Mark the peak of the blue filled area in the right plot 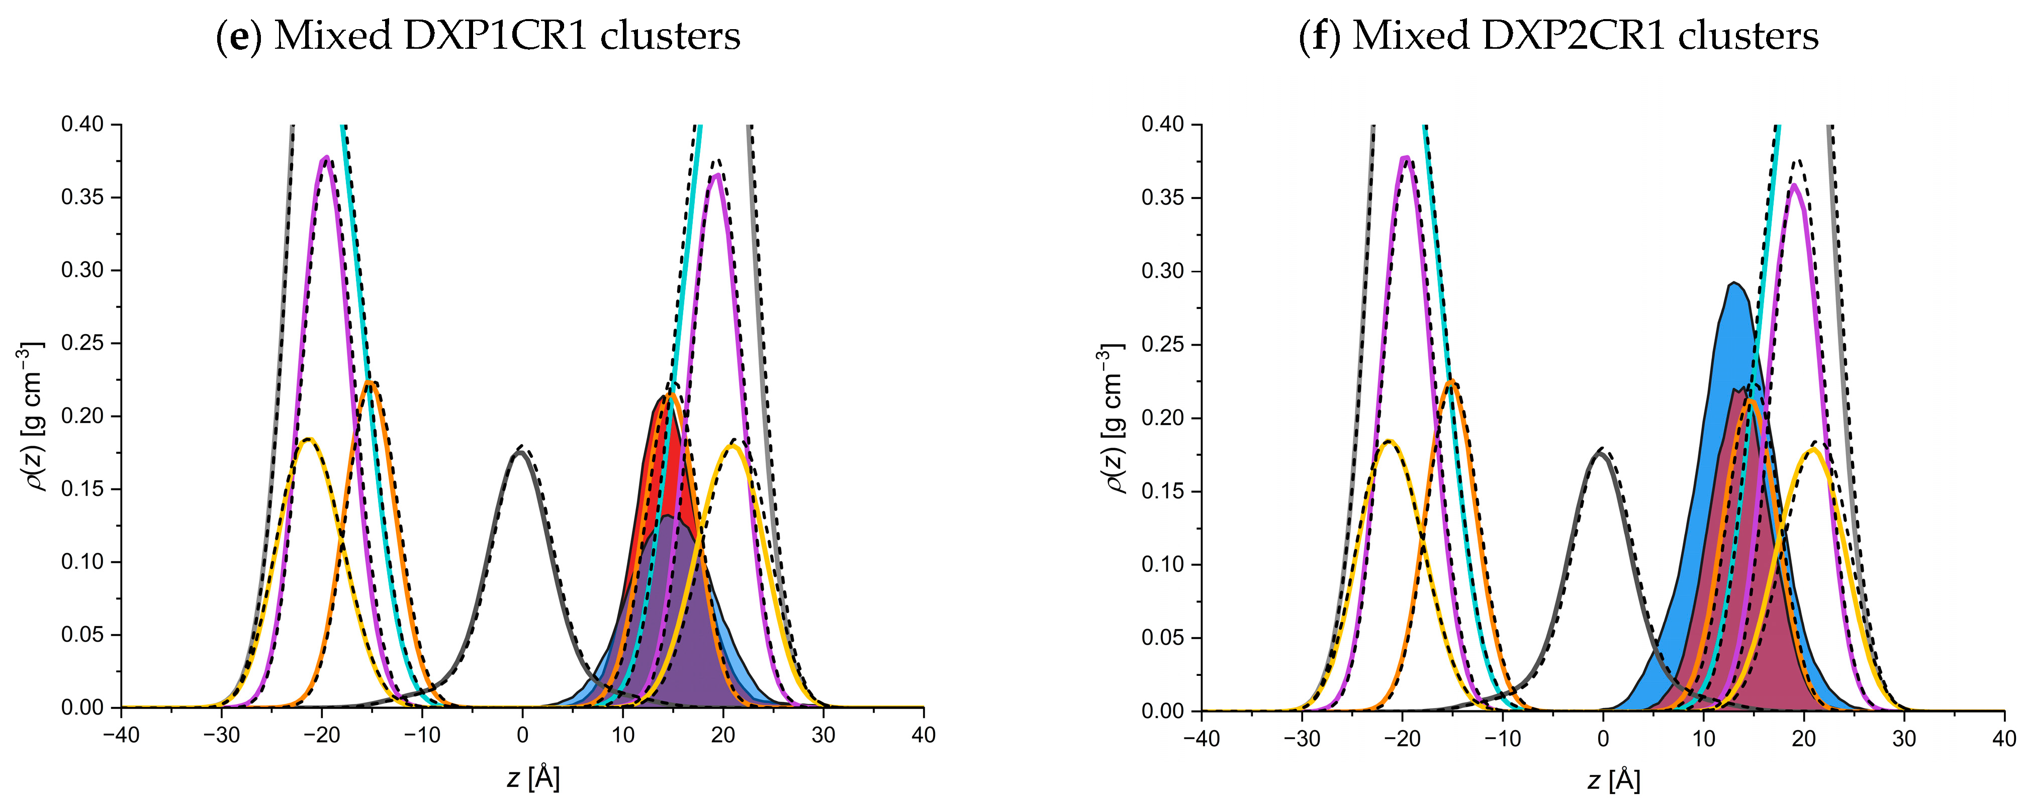1733,283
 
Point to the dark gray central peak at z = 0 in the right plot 1599,453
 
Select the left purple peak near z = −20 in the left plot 325,158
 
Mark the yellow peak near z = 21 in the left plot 732,446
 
